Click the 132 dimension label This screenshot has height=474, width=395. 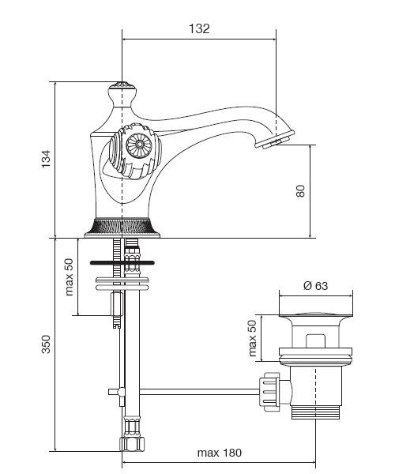tap(199, 28)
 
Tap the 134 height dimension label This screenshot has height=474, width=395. tap(46, 159)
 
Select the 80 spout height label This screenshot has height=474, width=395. tap(300, 191)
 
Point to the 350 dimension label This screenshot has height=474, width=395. tap(46, 344)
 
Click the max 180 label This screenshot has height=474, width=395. tap(220, 453)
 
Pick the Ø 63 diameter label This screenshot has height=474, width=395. tap(315, 286)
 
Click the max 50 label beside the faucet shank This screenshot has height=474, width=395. tap(70, 276)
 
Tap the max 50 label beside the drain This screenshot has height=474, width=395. tap(252, 338)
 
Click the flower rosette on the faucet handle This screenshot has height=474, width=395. tap(139, 145)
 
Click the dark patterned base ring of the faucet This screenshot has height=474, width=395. tap(122, 226)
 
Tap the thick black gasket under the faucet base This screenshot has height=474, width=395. tap(122, 263)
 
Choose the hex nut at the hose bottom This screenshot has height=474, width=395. tap(132, 444)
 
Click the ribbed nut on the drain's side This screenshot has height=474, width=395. tap(269, 392)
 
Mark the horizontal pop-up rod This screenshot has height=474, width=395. tap(199, 392)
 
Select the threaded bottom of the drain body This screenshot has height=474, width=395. tap(315, 412)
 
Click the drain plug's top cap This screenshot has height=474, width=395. tap(315, 315)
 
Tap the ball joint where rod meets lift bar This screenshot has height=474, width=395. tap(122, 392)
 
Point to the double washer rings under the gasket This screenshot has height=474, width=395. tap(122, 284)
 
